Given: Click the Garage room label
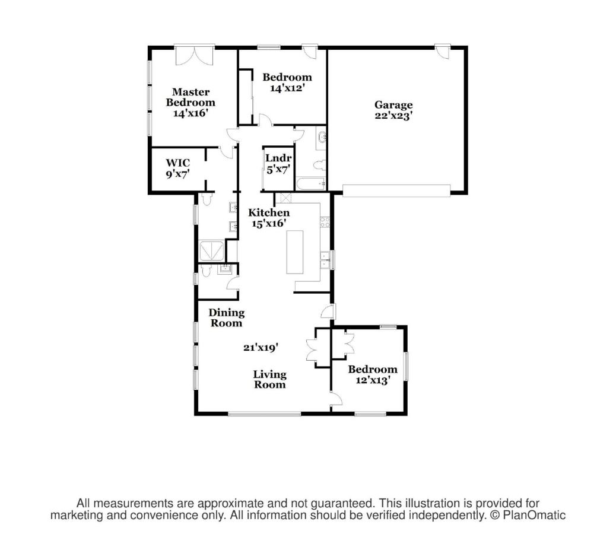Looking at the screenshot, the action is [393, 105].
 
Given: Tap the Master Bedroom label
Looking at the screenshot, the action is [190, 97].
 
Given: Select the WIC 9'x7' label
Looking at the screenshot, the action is [178, 169].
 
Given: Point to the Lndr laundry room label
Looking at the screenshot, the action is [278, 158].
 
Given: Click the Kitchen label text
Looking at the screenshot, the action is [269, 212].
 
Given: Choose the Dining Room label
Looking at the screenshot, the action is [226, 317].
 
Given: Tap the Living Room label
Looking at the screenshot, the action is [269, 379].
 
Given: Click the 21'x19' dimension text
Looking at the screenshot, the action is [261, 348].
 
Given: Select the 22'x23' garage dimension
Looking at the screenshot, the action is [393, 116].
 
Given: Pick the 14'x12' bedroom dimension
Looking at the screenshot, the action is [288, 88].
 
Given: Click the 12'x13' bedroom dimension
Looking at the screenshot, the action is [373, 380].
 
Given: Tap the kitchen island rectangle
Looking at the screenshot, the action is [294, 252].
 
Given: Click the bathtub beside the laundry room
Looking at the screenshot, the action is [311, 184].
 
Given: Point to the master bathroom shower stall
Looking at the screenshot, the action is [212, 252].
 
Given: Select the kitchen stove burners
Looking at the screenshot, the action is [325, 222].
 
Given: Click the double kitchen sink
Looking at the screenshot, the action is [325, 259].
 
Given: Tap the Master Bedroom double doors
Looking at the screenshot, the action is [195, 55].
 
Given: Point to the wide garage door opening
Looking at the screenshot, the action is [396, 190].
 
